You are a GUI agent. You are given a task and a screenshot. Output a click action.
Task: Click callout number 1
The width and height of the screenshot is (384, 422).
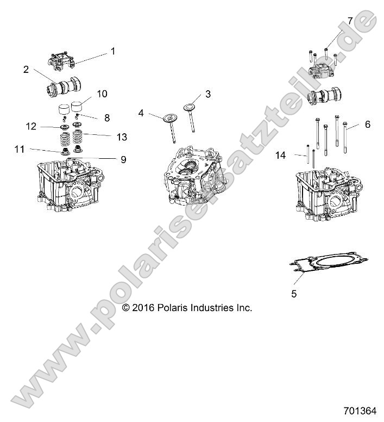(113, 51)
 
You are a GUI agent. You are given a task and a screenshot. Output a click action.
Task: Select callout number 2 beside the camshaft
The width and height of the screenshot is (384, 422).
(26, 69)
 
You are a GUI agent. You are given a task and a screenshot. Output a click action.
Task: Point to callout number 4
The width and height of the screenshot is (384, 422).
(141, 113)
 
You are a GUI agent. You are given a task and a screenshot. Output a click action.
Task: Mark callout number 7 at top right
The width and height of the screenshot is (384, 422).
(350, 21)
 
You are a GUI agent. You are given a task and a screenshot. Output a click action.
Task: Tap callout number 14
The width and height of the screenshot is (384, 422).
(280, 155)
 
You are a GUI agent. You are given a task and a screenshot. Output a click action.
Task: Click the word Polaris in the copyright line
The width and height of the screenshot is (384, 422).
(175, 308)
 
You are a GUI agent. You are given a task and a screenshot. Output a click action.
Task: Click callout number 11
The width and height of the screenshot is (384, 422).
(20, 148)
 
